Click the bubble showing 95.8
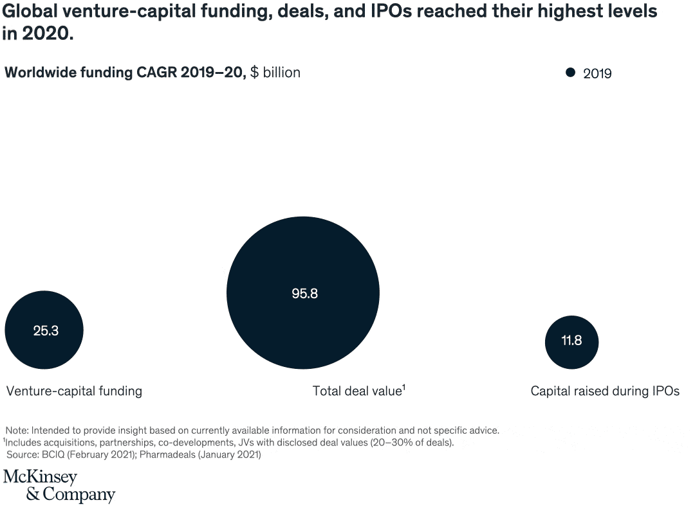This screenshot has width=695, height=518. [x=303, y=294]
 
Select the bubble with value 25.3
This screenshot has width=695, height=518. [x=44, y=330]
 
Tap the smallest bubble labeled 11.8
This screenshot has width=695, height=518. [x=571, y=341]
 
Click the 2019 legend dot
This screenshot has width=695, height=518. [x=570, y=73]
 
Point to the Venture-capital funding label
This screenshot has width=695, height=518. [x=74, y=391]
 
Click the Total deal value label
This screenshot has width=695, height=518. [x=357, y=391]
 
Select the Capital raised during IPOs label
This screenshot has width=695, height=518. [x=605, y=391]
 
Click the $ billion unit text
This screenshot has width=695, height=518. [x=275, y=73]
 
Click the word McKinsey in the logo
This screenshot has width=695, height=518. [x=40, y=478]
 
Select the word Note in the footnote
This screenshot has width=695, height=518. [x=16, y=430]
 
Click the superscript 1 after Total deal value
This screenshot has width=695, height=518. [x=403, y=386]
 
